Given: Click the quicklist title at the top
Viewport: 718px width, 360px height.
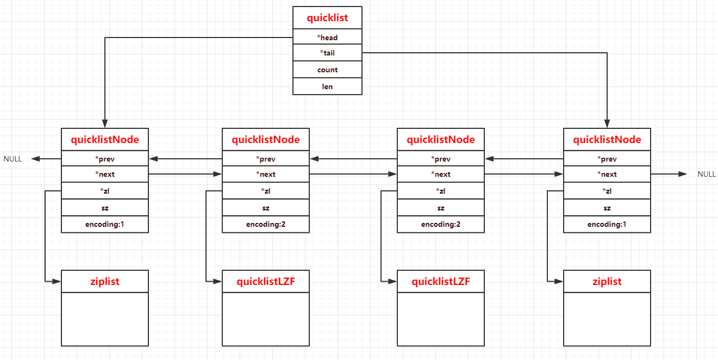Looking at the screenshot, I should coord(327,18).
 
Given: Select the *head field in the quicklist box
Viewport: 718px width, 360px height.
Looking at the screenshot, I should coord(327,38).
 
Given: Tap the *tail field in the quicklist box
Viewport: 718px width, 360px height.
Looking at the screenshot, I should coord(327,53).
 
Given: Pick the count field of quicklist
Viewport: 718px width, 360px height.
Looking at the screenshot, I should coord(327,70).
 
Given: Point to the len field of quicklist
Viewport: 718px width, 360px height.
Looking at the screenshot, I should coord(327,86).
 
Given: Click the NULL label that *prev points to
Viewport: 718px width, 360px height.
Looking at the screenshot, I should coord(13,159).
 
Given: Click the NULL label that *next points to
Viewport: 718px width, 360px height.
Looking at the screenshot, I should coord(707,174).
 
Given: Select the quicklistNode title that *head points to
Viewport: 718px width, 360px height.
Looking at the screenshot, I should coord(105,140).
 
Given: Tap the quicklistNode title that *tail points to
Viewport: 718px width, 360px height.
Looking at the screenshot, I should coord(607,140).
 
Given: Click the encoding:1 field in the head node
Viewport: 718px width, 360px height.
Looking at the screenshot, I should coord(105,224).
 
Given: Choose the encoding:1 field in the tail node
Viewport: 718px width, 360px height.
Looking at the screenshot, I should coord(607,224).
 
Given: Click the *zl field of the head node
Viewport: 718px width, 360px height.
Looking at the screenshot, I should coord(105,191).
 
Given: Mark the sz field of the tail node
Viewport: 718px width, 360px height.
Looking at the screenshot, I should coord(607,208).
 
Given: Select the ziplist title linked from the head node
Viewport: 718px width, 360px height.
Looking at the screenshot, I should coord(105,282).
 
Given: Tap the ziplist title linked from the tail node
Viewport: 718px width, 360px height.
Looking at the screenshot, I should coord(607,282).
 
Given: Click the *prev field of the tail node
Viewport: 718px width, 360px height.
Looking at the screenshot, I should coord(607,159).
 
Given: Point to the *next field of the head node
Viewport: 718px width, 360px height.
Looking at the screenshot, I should coord(105,174).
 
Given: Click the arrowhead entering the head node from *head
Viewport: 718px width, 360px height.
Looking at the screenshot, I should coord(105,123).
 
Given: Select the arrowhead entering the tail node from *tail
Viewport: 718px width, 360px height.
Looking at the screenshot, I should coord(607,123).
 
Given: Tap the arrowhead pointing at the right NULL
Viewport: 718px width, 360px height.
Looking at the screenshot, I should coord(683,174).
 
